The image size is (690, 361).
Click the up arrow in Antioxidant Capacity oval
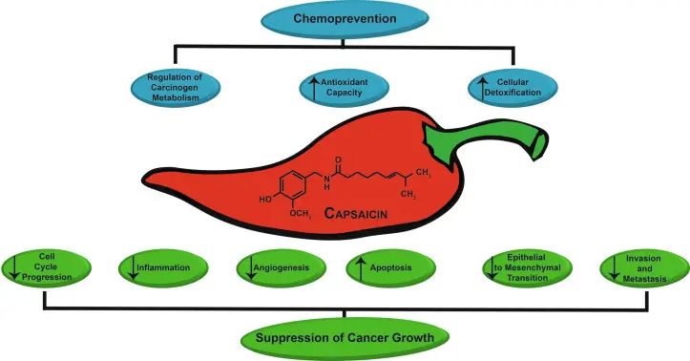[x=312, y=89]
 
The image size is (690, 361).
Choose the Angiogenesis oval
[x=278, y=268]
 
